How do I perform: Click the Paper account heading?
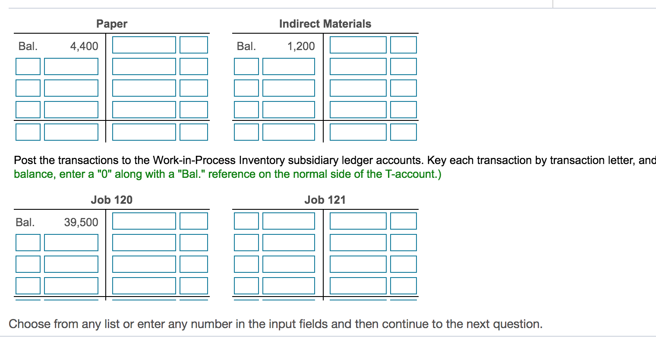point(112,24)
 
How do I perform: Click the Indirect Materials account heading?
point(325,24)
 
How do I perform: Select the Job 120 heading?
point(111,200)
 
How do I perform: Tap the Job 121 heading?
point(325,200)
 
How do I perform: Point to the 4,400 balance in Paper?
point(84,46)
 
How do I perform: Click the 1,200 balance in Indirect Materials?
point(301,46)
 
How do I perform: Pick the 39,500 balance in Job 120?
point(81,222)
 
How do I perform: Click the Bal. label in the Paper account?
point(28,46)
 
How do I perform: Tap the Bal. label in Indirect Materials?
point(246,46)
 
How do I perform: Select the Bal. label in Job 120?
point(25,222)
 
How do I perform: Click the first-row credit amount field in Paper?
point(144,45)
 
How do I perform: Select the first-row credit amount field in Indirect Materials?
point(358,45)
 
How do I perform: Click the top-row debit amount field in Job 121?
point(289,221)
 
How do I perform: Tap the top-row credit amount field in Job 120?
point(144,221)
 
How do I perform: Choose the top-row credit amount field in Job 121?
point(358,221)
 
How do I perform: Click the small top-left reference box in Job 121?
point(246,221)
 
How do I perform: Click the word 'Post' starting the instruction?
point(25,161)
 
